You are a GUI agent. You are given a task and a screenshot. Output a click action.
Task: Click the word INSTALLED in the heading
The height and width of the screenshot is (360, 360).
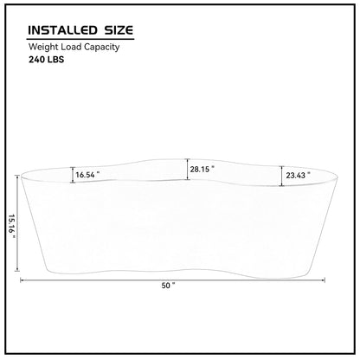click(62, 30)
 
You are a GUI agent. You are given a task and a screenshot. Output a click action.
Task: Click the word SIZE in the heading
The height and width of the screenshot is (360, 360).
click(119, 30)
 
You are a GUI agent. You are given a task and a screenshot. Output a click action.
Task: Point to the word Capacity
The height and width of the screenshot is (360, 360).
click(100, 47)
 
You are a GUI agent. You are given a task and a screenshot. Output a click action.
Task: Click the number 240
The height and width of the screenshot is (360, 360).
click(36, 60)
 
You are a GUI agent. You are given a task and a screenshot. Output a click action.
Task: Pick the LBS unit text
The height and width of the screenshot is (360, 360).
click(55, 60)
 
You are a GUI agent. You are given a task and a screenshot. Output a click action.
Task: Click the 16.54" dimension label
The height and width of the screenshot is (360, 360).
click(87, 175)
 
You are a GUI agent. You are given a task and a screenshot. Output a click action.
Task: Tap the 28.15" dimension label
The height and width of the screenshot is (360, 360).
click(202, 169)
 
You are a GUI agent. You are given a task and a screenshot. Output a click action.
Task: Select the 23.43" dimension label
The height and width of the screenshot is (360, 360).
click(298, 175)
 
